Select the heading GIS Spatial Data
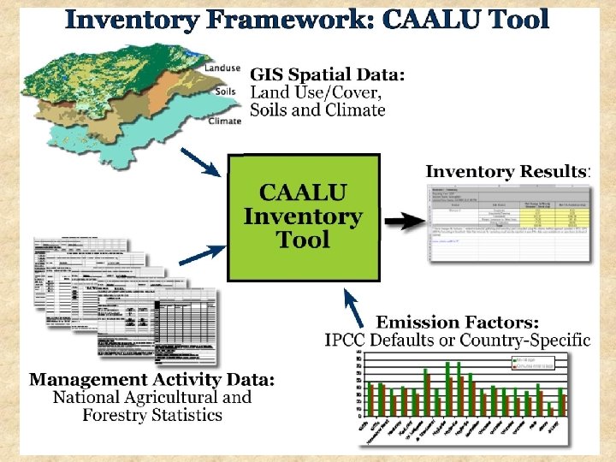(328, 74)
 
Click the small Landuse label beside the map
(222, 68)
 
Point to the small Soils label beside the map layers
(228, 92)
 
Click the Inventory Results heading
(506, 171)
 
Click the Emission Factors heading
(458, 322)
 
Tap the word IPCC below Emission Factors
(346, 340)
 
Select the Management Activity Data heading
(152, 379)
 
